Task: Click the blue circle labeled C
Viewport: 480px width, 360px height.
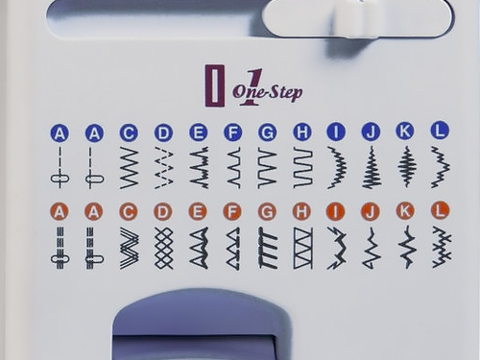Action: (129, 132)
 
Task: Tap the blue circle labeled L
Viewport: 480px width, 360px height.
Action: (441, 131)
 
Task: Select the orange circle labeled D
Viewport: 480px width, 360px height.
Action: (163, 212)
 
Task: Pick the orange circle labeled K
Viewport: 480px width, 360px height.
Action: (405, 210)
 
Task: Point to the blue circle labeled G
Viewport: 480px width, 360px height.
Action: (268, 132)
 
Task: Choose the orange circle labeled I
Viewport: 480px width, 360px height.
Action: (336, 211)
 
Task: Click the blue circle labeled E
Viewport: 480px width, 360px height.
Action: (199, 132)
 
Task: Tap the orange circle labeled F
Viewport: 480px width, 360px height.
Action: (232, 211)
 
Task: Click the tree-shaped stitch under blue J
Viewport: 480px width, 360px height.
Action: (372, 167)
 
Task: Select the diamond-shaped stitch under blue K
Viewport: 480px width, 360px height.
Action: (407, 166)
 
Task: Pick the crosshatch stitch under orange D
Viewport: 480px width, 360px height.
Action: (163, 248)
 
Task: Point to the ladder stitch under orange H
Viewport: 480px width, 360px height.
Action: (303, 248)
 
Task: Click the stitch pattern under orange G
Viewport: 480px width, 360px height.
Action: (268, 248)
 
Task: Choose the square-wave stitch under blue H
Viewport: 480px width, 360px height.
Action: (303, 167)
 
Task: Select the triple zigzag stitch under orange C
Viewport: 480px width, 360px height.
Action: (130, 248)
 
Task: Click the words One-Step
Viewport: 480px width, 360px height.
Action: (268, 92)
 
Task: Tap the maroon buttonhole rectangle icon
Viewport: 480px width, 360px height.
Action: (215, 85)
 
